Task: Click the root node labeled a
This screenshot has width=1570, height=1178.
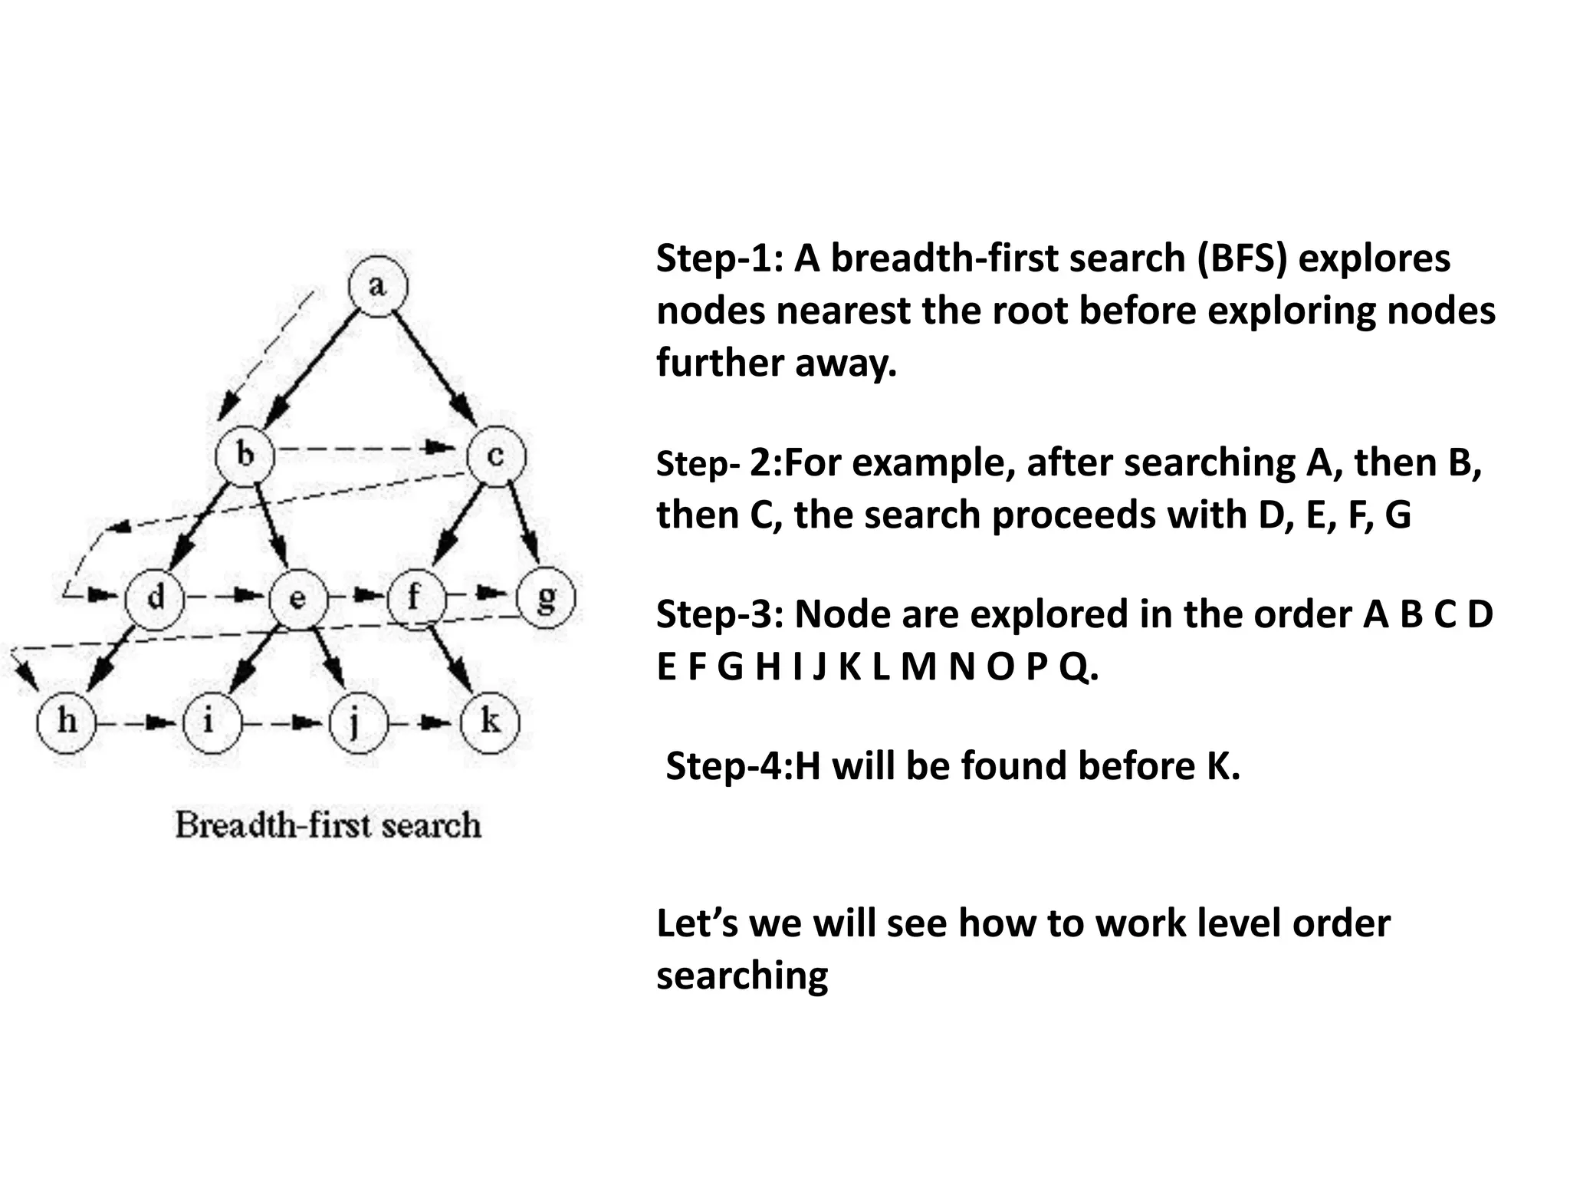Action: pos(378,286)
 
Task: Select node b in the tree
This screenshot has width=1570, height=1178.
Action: pos(245,456)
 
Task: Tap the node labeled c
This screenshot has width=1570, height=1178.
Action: pos(496,456)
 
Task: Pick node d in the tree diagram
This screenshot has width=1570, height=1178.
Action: pos(155,597)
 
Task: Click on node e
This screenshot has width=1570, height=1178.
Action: pos(298,598)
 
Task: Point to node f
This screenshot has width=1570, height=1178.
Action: pos(415,596)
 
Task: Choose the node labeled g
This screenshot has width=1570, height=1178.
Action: pos(546,597)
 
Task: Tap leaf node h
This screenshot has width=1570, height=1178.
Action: pos(67,721)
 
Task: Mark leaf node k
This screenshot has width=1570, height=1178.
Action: pos(489,721)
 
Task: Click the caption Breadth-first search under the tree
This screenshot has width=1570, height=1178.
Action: pos(328,825)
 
